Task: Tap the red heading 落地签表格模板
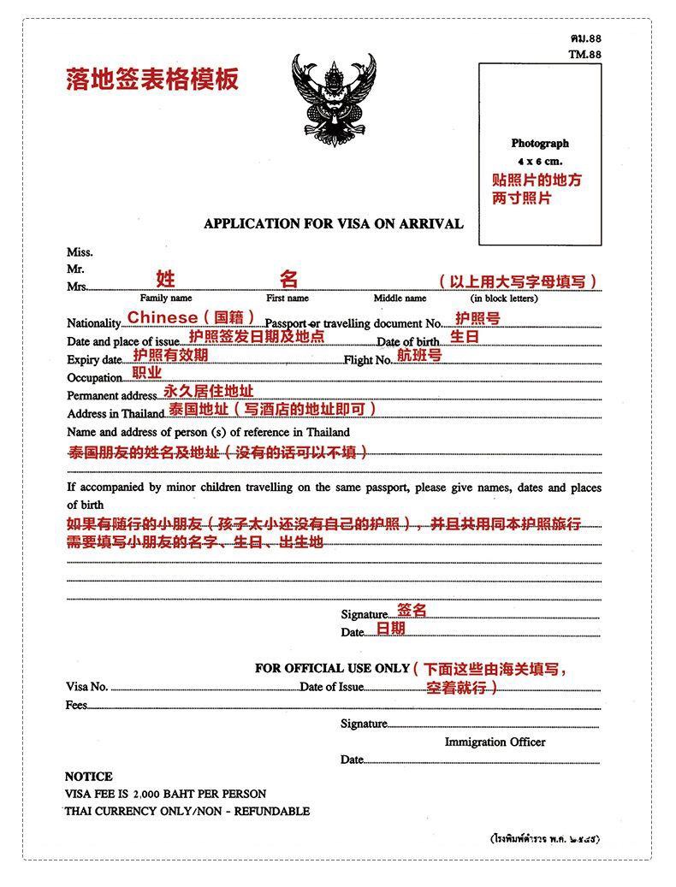[x=152, y=80]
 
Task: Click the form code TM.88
[x=585, y=54]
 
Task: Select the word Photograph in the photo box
[x=540, y=144]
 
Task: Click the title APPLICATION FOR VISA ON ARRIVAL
[x=333, y=224]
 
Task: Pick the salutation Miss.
[x=80, y=252]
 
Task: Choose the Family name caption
[x=166, y=299]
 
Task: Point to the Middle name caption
[x=400, y=299]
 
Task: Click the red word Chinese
[x=163, y=317]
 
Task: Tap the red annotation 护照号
[x=477, y=318]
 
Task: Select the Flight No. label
[x=368, y=360]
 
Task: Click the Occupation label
[x=95, y=378]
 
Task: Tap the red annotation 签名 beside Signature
[x=412, y=611]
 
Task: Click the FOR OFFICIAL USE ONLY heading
[x=333, y=668]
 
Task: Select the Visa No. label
[x=87, y=686]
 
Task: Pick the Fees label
[x=77, y=705]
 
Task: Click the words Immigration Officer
[x=495, y=742]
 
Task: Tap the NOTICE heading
[x=89, y=777]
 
